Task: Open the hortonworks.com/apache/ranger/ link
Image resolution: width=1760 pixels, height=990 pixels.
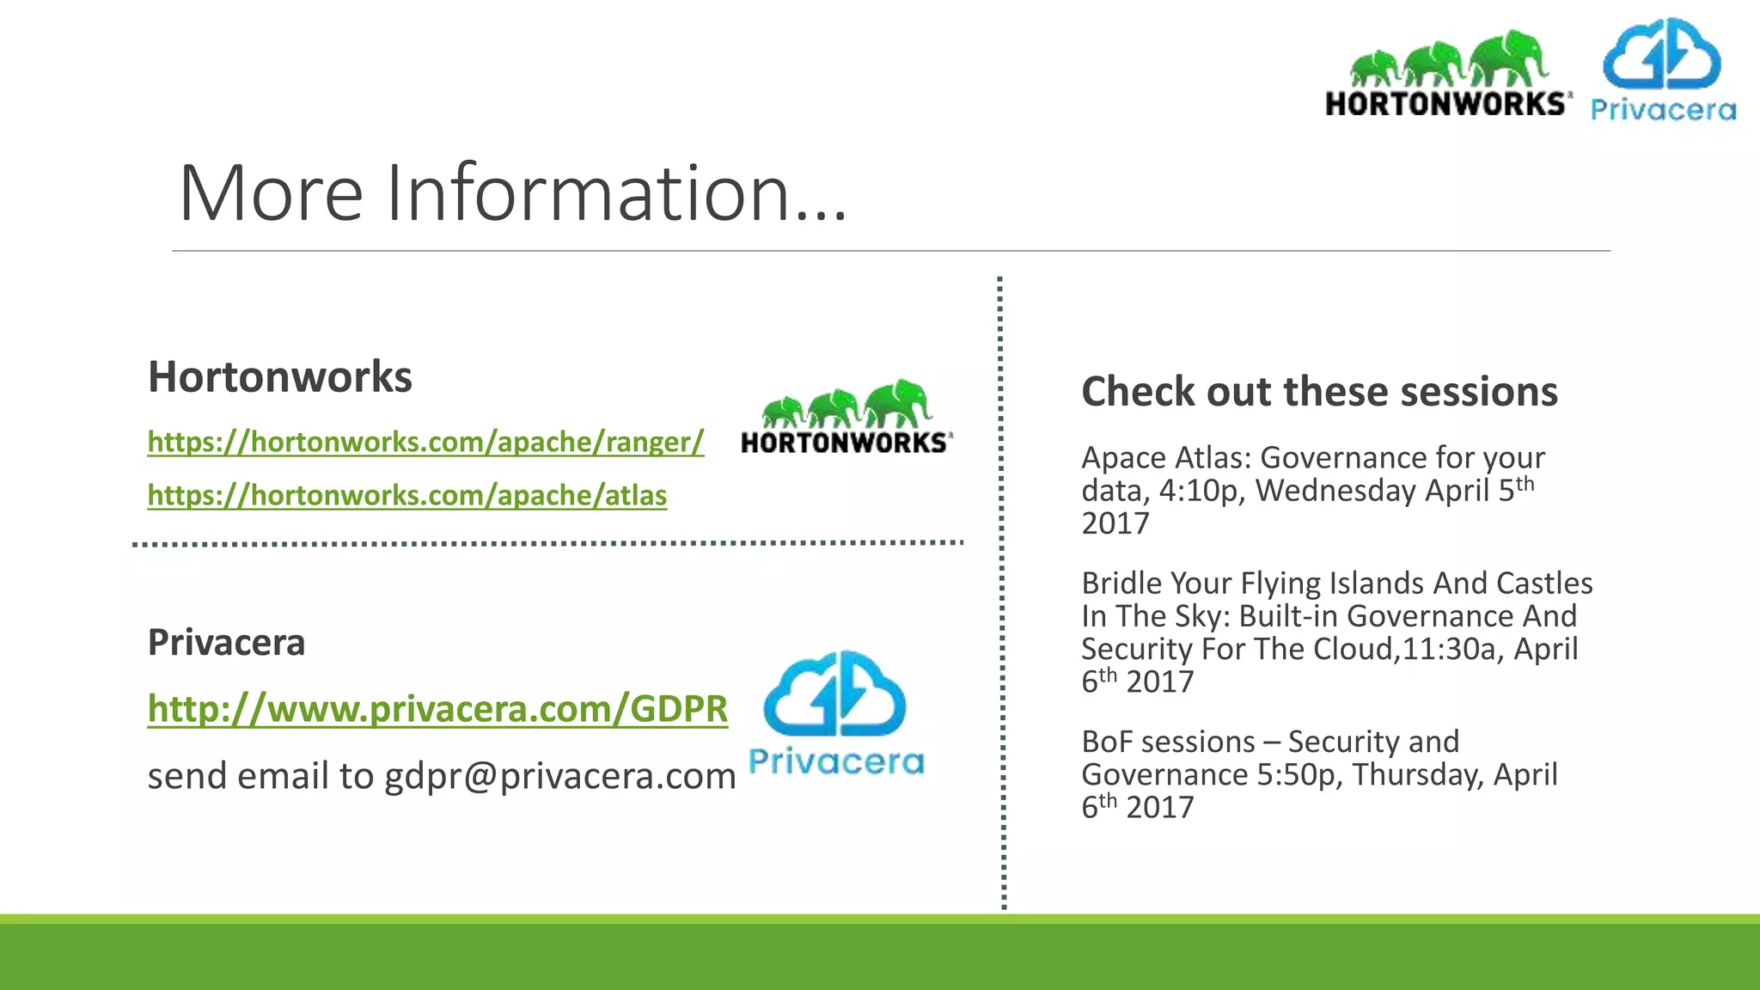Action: pos(425,442)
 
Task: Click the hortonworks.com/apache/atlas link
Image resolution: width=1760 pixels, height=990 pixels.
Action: pos(406,496)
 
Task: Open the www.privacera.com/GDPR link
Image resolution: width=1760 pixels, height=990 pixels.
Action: pos(437,709)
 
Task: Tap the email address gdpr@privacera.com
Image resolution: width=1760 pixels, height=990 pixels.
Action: pos(559,776)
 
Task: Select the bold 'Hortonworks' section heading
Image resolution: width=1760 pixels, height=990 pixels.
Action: pos(280,377)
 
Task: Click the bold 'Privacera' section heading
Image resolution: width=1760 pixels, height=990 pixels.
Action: pos(226,643)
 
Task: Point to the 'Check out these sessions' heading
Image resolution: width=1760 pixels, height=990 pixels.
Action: pos(1319,392)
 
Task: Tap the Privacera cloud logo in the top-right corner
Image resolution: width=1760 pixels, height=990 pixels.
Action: pos(1662,69)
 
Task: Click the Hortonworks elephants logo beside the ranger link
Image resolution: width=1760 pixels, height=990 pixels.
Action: pos(846,417)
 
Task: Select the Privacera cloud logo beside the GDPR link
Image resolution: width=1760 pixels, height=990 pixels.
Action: pos(835,712)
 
